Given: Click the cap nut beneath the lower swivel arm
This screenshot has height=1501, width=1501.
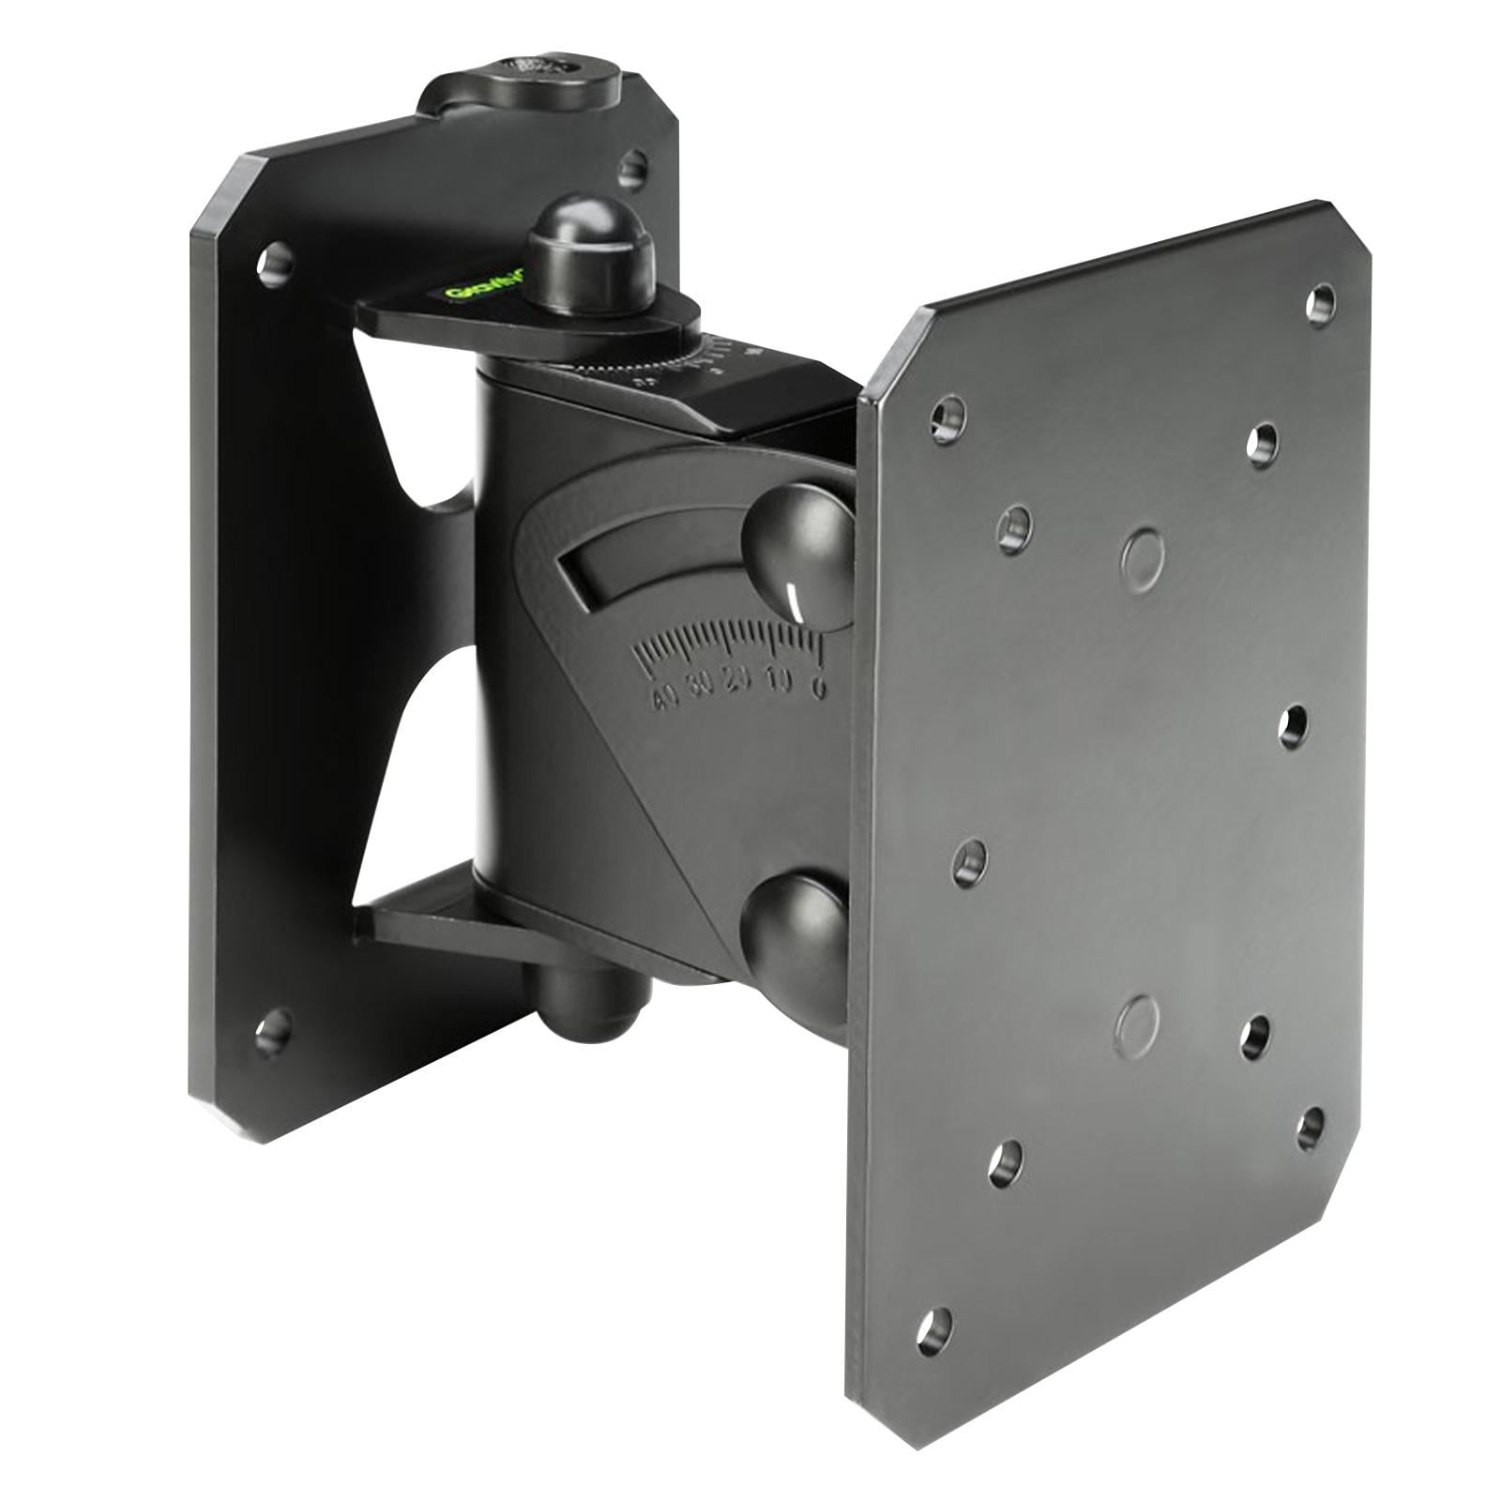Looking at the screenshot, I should (586, 998).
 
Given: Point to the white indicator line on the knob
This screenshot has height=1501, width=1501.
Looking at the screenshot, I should (796, 600).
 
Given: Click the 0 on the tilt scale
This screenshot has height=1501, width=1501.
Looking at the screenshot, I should (818, 690).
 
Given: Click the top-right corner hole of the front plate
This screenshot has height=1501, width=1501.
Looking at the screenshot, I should (1320, 301).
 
